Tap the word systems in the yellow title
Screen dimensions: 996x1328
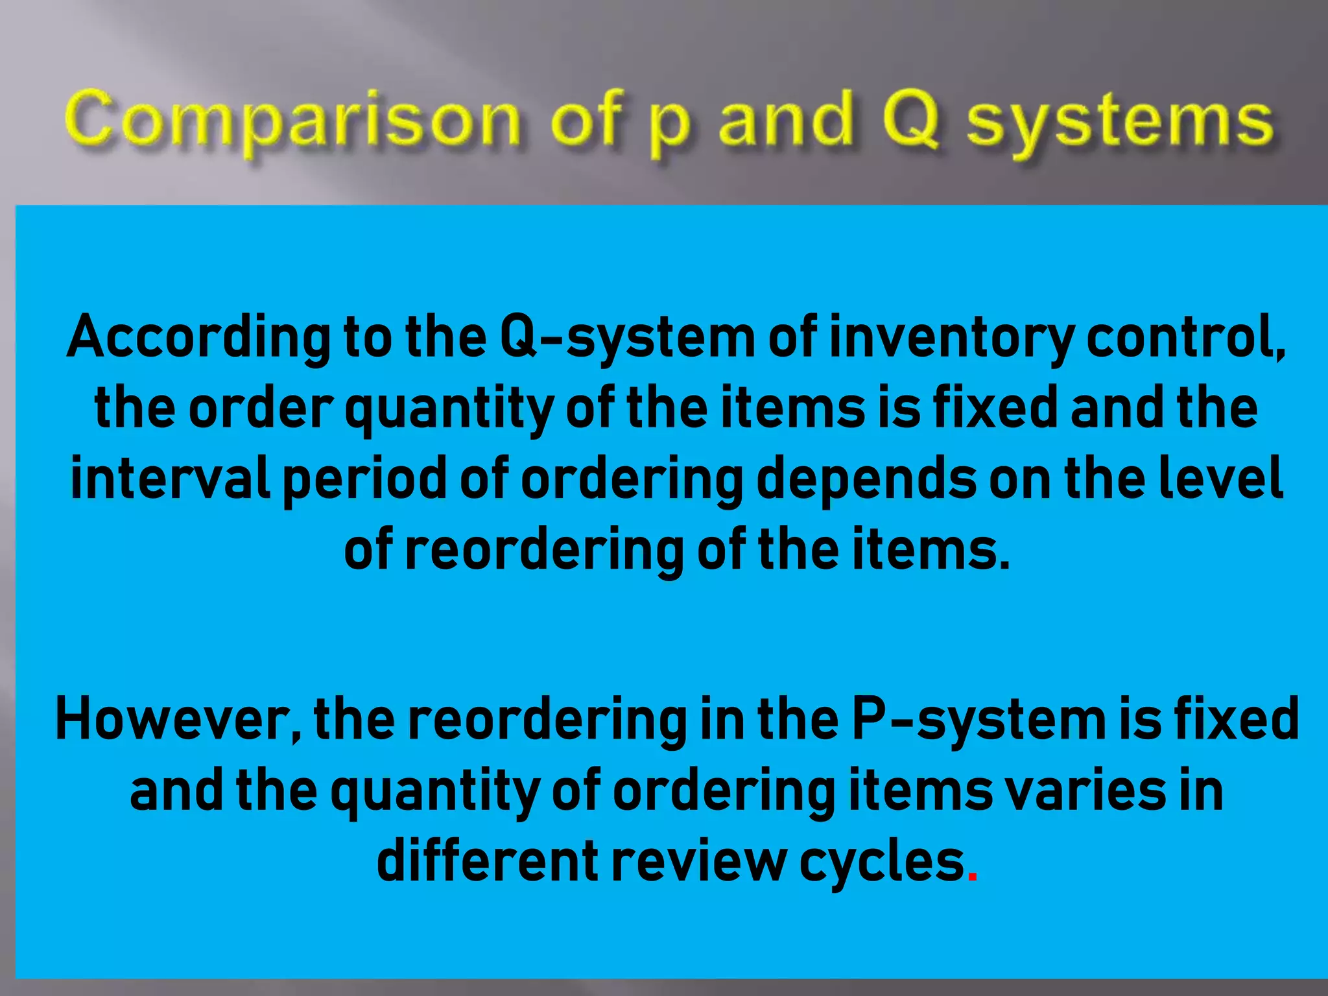1120,123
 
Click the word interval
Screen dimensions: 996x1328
170,478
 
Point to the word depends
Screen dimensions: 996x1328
866,478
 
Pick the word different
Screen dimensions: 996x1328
487,861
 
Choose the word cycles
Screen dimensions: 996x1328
882,861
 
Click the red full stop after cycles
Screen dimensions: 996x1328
971,877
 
